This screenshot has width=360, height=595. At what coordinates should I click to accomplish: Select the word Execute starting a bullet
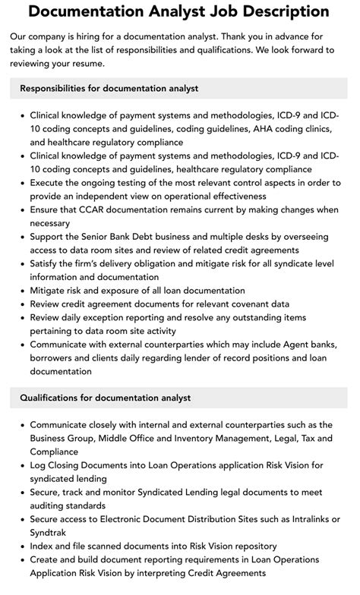(50, 182)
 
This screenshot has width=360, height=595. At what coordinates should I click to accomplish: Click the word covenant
(240, 304)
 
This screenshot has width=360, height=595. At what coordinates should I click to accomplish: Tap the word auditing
(52, 505)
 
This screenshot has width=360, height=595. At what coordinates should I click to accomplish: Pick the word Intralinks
(310, 519)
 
